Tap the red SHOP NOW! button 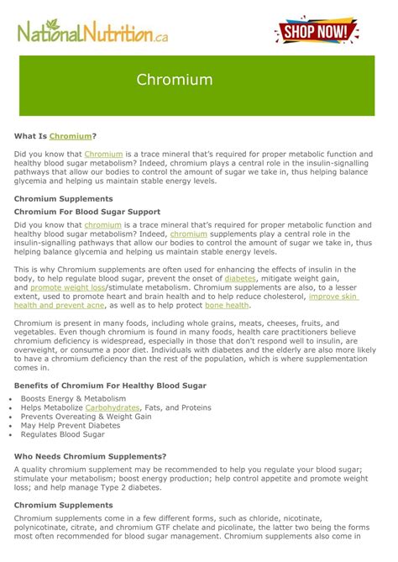pyautogui.click(x=316, y=32)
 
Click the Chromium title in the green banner pyautogui.click(x=175, y=81)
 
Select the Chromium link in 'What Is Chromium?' pyautogui.click(x=70, y=135)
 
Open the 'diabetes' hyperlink pyautogui.click(x=240, y=278)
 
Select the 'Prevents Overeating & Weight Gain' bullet pyautogui.click(x=86, y=417)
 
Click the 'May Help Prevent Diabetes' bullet pyautogui.click(x=70, y=426)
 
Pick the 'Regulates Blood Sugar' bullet pyautogui.click(x=63, y=435)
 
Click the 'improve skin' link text pyautogui.click(x=333, y=296)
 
